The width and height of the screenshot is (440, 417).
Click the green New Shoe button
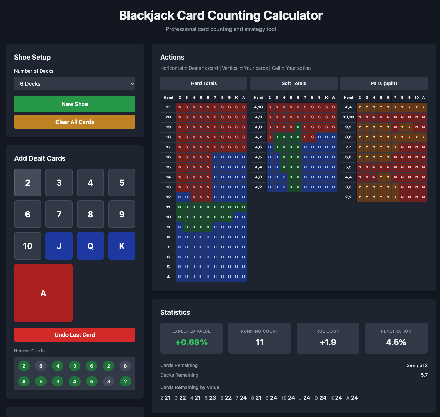74,104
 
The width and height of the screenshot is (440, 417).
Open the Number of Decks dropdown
74,84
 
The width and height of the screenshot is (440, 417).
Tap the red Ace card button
43,293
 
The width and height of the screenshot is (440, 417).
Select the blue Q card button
90,246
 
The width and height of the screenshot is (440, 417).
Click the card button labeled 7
59,214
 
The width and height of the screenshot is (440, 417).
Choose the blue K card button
122,246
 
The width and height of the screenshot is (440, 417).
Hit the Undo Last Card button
74,335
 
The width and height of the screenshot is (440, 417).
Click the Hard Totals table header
204,83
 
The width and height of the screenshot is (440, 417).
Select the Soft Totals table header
294,83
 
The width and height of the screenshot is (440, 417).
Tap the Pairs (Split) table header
383,83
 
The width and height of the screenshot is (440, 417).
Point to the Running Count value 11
259,342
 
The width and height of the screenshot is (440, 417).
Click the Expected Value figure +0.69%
191,342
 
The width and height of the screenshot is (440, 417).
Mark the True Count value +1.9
328,342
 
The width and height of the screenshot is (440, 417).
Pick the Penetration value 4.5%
396,342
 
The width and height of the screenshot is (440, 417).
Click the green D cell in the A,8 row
298,127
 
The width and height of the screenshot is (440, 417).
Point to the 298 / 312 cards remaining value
417,365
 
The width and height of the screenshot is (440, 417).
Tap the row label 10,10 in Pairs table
348,117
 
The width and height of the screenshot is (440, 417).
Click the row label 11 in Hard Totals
168,207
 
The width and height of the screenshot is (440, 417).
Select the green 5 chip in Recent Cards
41,382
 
